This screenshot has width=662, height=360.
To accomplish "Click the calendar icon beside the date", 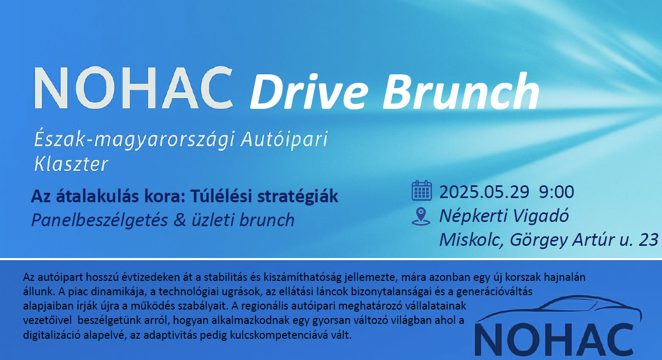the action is pos(422,191).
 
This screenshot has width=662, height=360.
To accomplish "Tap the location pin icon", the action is pos(421,217).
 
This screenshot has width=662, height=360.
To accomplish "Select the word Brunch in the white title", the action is pos(461,91).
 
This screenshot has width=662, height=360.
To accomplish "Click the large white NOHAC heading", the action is pos(133,88).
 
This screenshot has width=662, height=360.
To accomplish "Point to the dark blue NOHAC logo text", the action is pos(554,340).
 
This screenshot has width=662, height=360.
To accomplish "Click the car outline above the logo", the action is pos(558,310).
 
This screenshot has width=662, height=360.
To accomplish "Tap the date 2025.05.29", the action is pos(484,192).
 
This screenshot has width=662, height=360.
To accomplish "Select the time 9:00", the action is pos(556,192).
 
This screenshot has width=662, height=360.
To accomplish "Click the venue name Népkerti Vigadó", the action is pos(504,216).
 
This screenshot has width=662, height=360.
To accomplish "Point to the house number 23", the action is pos(648,239).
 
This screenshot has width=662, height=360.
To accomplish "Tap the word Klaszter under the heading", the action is pos(71,164).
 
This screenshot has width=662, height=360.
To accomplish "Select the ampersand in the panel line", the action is pos(180,220).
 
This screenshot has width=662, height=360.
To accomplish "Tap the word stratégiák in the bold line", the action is pos(298,196).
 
